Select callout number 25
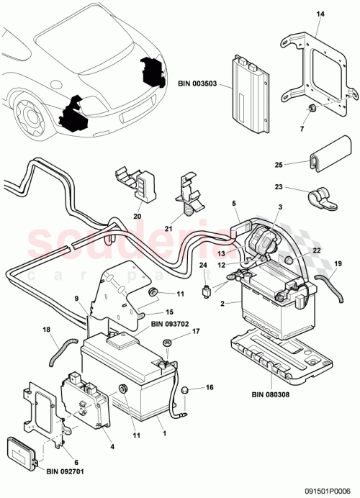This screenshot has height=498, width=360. [x=279, y=165]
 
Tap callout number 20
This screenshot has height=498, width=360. [x=137, y=214]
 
